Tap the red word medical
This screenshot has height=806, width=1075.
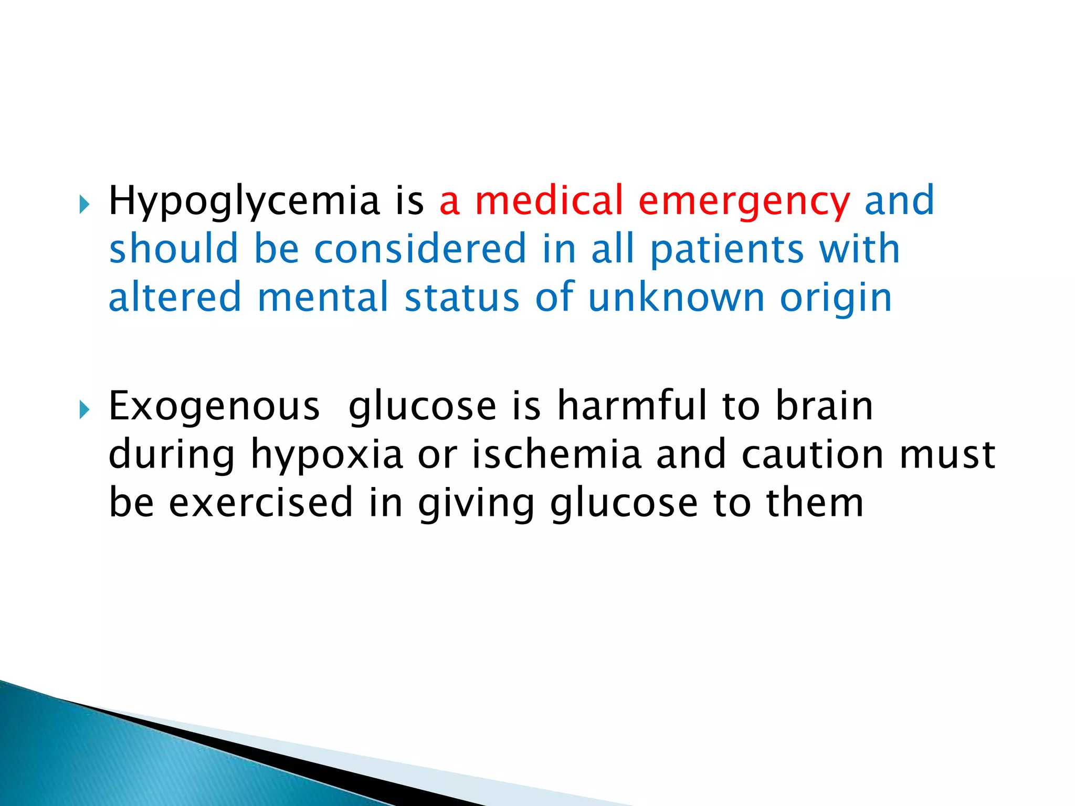(x=549, y=200)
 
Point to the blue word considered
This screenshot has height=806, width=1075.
(x=420, y=249)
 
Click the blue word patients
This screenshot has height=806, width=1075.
(x=727, y=250)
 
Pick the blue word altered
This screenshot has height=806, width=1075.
(x=175, y=298)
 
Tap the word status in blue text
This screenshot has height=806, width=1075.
(x=462, y=298)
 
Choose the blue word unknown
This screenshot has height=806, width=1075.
(x=677, y=298)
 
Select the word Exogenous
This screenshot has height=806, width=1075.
(x=214, y=407)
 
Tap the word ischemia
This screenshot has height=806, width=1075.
(x=556, y=454)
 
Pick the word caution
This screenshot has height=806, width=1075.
(x=813, y=454)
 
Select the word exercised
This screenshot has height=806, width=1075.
(x=261, y=503)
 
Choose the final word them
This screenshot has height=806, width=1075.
(x=815, y=503)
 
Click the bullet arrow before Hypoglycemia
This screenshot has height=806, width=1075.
(x=85, y=205)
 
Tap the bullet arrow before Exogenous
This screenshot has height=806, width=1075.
(x=85, y=410)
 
